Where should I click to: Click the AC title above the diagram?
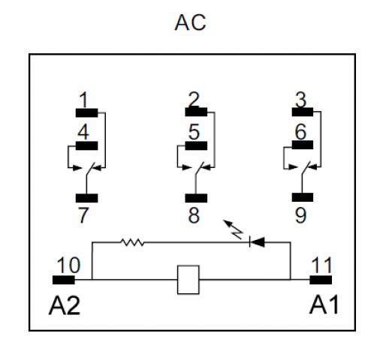click(190, 22)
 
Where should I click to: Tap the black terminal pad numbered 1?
click(86, 112)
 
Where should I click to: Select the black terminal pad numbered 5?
click(196, 145)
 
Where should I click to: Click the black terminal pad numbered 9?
click(303, 197)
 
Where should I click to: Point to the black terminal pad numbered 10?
click(64, 280)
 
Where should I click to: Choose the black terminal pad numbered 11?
click(321, 280)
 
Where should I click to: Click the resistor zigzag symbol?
click(132, 242)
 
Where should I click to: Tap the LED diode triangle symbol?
click(257, 241)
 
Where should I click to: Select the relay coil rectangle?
click(188, 280)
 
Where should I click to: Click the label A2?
click(65, 305)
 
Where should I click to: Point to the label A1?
click(324, 304)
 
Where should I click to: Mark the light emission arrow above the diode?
click(233, 229)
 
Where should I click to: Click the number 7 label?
click(83, 215)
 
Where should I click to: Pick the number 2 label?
click(194, 100)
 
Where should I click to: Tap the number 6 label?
click(300, 132)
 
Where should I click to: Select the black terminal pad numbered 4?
click(86, 145)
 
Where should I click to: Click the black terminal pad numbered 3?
click(303, 112)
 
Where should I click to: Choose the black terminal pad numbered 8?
click(196, 198)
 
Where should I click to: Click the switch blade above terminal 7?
click(91, 169)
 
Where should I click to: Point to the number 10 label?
click(68, 265)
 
